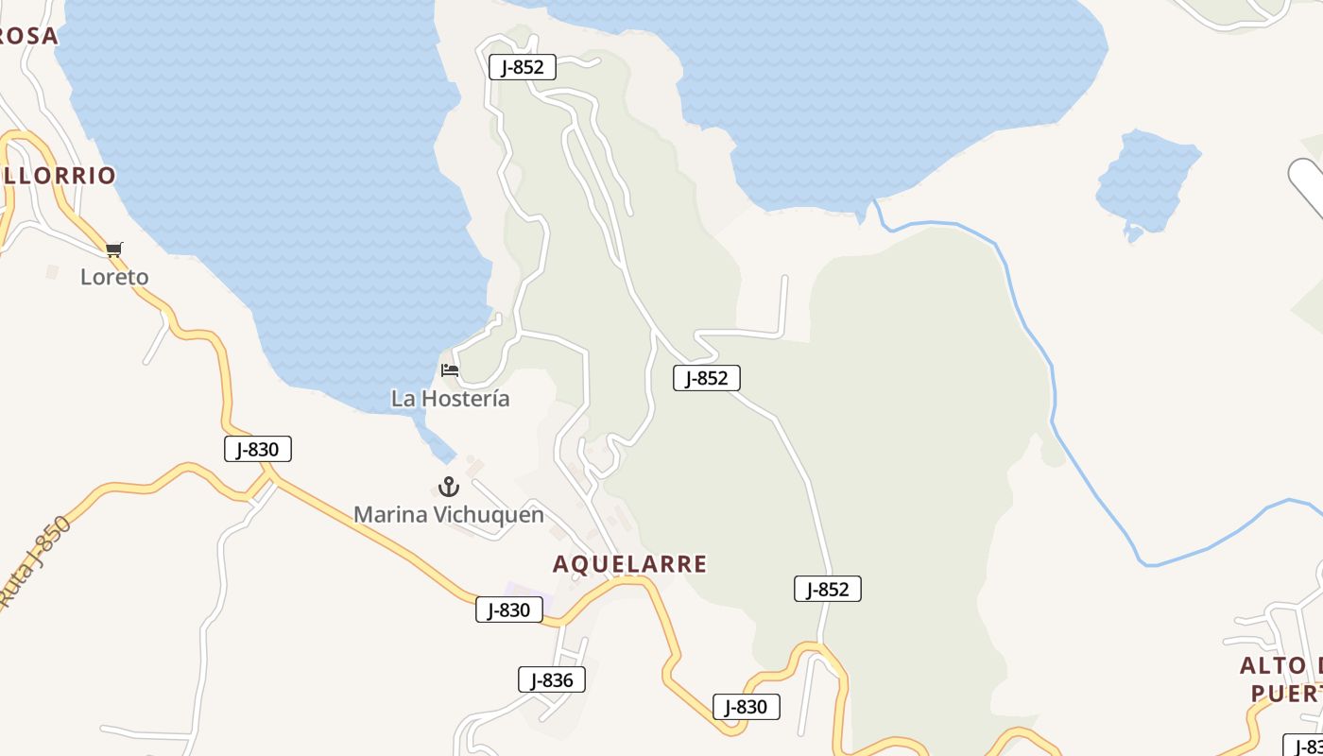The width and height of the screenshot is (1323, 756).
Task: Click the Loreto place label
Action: [114, 277]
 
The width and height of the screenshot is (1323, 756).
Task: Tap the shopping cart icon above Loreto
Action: [114, 249]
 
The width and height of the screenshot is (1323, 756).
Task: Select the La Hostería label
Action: [450, 399]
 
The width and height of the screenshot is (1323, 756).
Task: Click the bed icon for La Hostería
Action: [450, 370]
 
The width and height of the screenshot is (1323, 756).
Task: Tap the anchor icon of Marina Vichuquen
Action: [449, 488]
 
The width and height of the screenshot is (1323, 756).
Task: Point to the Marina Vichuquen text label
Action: [449, 515]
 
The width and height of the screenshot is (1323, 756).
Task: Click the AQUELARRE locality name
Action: [629, 564]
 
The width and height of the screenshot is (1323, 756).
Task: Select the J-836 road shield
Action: [552, 679]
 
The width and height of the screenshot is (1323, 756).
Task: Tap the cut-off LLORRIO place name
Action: [59, 176]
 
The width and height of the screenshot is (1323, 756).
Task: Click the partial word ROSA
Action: [28, 36]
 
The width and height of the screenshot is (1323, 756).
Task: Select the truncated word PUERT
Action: [1286, 695]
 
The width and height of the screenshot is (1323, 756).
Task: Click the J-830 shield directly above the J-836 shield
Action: [508, 610]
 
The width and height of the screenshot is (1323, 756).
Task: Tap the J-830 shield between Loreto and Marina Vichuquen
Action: [257, 449]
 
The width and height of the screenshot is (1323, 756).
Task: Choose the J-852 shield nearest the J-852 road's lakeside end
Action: [522, 67]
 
